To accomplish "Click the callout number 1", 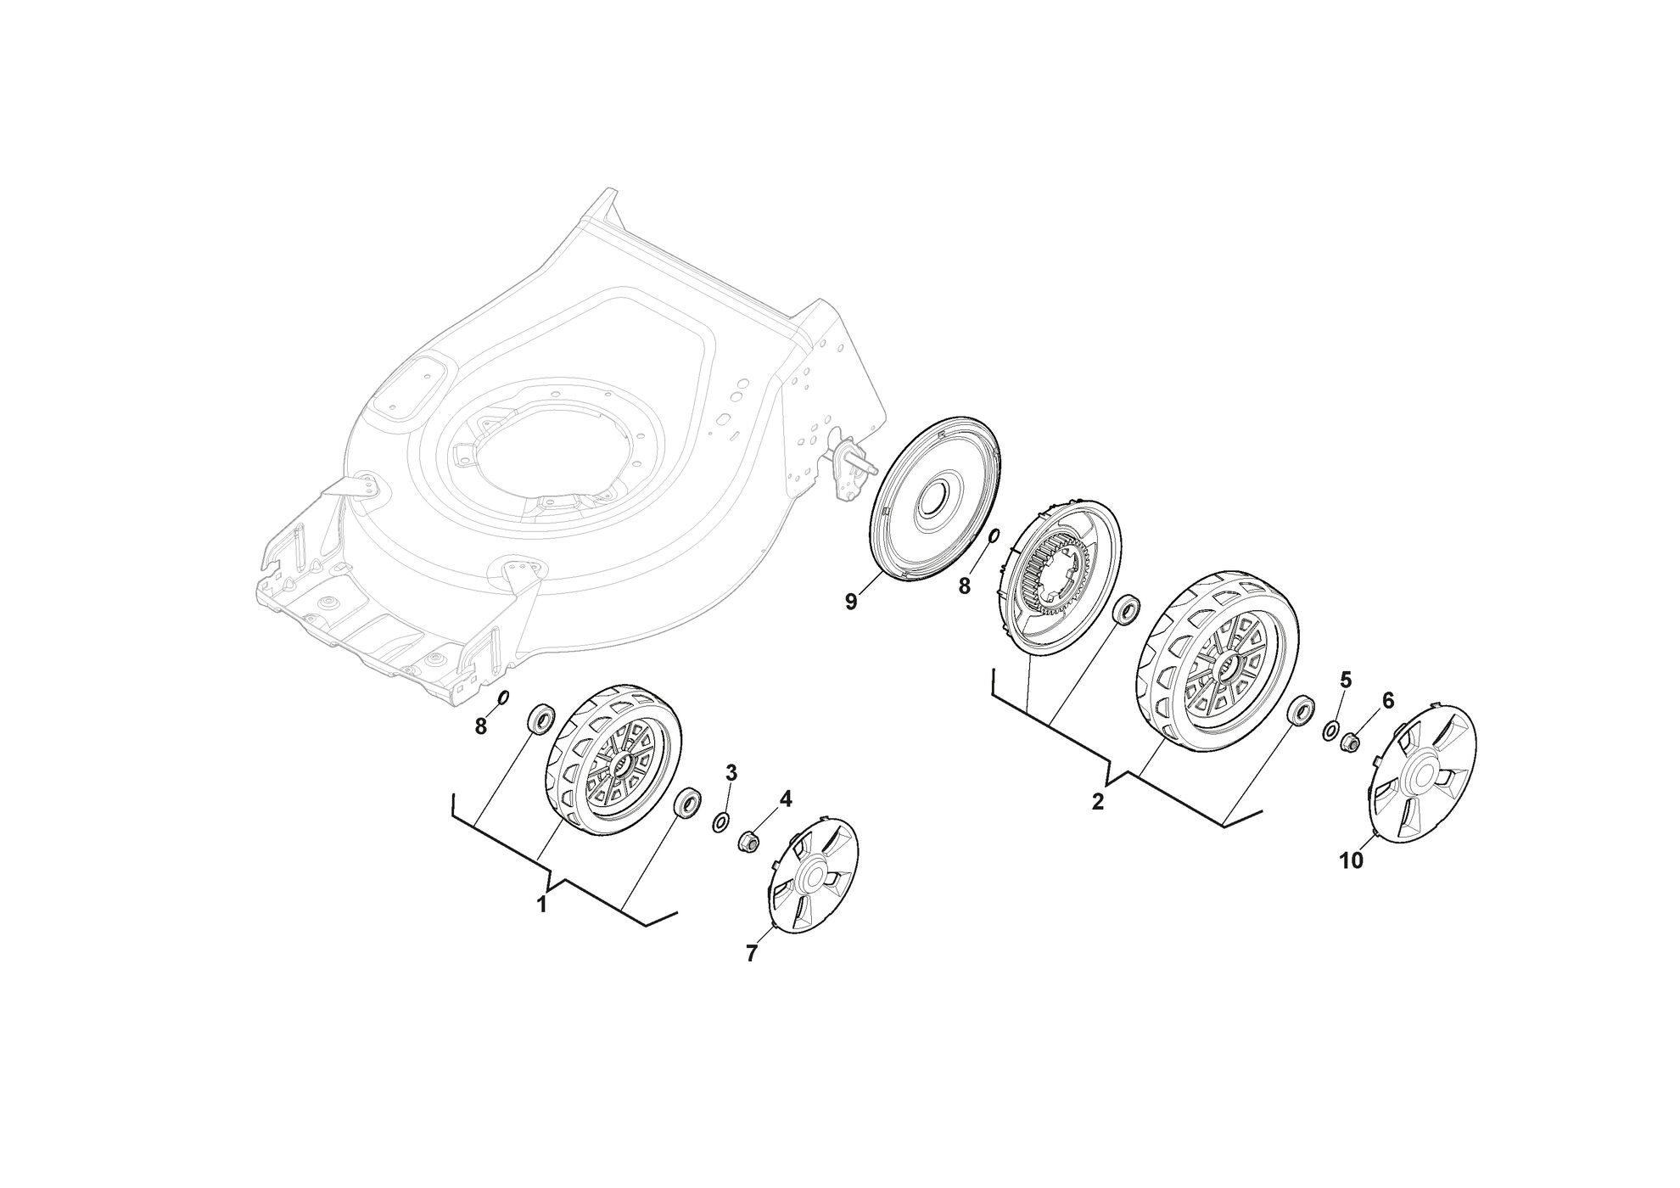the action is coord(541,905).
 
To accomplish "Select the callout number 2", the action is coord(1098,801).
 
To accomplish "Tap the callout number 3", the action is coord(731,772).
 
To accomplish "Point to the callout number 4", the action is coord(786,799).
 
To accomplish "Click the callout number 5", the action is coord(1346,680).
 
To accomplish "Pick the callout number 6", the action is coord(1388,700).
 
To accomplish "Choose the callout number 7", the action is coord(751,954).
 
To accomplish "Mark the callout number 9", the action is coord(851,602).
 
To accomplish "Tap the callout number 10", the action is coord(1351,860).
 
